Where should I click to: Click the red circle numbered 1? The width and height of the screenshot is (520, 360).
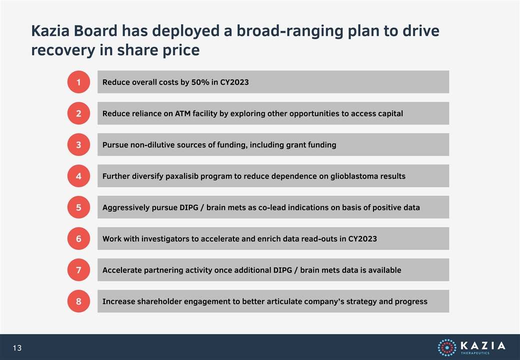click(78, 82)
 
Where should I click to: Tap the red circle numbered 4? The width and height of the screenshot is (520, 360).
click(78, 176)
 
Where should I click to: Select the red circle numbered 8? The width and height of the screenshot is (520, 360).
click(78, 301)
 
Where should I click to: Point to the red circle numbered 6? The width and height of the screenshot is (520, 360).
click(78, 238)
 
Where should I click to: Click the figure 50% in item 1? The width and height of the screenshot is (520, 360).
click(200, 82)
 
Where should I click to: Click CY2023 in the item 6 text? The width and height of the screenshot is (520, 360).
click(362, 239)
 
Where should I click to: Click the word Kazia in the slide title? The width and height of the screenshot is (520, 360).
click(50, 31)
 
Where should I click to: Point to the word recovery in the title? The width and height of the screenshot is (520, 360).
click(63, 50)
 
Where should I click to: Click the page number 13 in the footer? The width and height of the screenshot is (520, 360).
click(17, 348)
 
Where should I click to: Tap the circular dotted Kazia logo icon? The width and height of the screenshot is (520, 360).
click(447, 347)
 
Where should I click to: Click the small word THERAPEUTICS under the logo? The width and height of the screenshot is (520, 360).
click(475, 353)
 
